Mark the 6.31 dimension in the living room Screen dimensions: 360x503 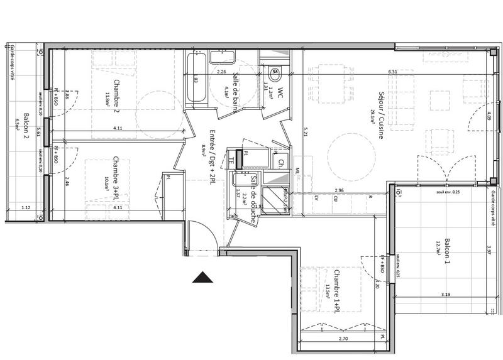[x=394, y=72]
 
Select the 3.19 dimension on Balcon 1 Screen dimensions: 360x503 [x=446, y=294]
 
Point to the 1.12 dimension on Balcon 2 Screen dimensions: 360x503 [x=26, y=207]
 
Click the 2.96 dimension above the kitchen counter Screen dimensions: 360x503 [x=339, y=190]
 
